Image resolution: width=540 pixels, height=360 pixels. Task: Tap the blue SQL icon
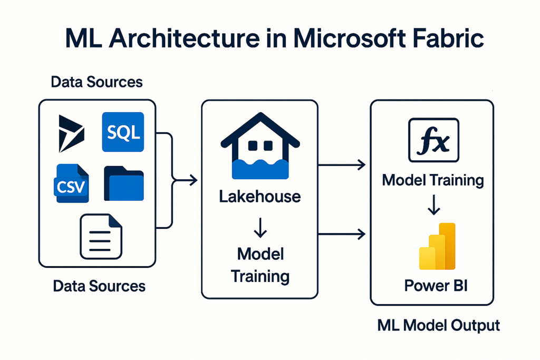tap(122, 132)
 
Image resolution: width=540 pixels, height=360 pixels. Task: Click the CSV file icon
tap(72, 183)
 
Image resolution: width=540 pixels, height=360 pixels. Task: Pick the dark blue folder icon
tap(123, 183)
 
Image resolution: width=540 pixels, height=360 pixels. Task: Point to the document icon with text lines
tap(101, 236)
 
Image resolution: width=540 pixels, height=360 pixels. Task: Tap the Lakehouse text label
tap(260, 197)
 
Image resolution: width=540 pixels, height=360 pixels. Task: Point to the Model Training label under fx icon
tap(433, 180)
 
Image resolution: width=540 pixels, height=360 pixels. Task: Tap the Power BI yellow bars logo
tap(437, 246)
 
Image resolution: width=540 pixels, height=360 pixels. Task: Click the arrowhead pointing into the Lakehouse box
tap(193, 180)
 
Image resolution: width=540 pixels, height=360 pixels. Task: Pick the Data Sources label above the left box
tap(97, 82)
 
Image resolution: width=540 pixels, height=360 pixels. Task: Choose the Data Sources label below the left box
tap(99, 286)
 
